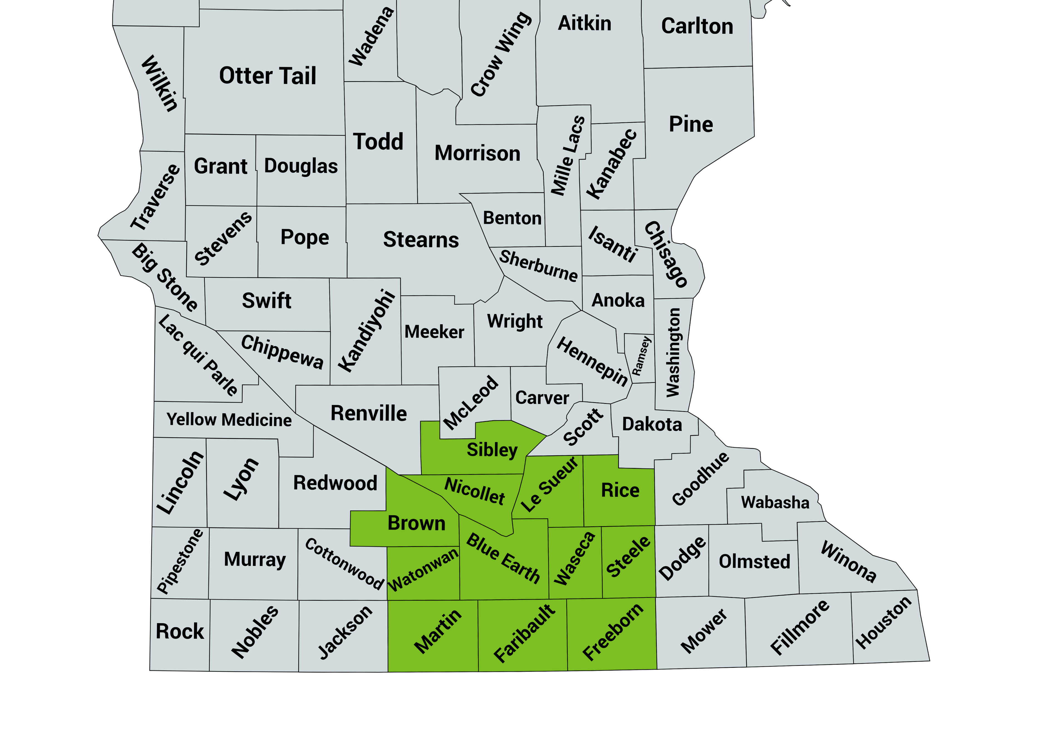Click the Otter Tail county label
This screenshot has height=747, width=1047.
(267, 76)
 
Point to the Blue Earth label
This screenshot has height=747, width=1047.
(503, 559)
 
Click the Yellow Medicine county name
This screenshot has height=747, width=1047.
(229, 420)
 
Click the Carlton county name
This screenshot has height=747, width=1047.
(697, 26)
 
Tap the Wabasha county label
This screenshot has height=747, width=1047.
(775, 502)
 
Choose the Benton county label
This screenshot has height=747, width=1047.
(512, 218)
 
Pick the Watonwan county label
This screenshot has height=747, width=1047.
(423, 569)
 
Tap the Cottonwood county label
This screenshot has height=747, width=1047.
(344, 564)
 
